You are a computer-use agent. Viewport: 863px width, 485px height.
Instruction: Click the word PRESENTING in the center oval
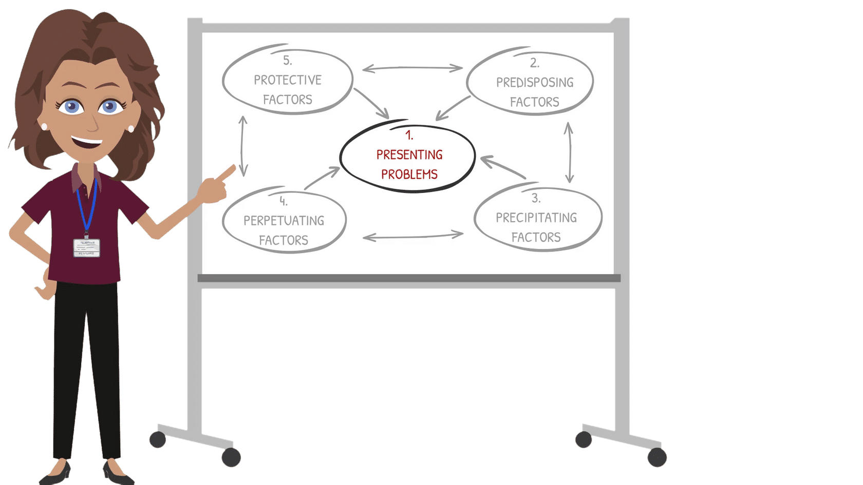pos(409,155)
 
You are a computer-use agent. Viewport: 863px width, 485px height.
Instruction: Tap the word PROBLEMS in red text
pos(409,174)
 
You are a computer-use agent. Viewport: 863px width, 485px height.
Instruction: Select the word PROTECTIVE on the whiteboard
pos(288,80)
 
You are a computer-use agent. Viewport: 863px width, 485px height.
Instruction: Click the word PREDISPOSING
pos(535,83)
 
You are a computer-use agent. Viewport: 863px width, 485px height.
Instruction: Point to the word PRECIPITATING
pos(536,218)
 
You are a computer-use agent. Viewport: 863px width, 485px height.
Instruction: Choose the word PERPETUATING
pos(284,221)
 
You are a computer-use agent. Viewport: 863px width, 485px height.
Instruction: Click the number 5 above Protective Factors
pos(288,61)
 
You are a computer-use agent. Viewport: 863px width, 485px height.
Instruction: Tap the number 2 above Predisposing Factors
pos(535,63)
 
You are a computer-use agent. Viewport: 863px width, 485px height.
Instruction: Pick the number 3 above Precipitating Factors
pos(536,198)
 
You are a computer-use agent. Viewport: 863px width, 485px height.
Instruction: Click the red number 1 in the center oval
pos(409,135)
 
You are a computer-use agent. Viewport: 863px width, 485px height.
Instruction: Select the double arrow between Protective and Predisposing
pos(412,68)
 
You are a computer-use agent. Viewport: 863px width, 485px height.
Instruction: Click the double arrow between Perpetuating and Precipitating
pos(413,236)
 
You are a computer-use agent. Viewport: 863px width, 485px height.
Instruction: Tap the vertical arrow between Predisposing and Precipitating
pos(569,152)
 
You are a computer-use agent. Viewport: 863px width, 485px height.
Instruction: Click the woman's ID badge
pos(86,248)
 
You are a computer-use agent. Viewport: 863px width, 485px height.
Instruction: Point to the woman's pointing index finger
pos(226,173)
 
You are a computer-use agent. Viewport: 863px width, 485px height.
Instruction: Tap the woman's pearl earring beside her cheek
pos(130,129)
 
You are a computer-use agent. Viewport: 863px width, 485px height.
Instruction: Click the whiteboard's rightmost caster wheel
pos(657,457)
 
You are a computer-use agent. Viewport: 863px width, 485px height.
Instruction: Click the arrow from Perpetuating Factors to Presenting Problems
pos(322,178)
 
